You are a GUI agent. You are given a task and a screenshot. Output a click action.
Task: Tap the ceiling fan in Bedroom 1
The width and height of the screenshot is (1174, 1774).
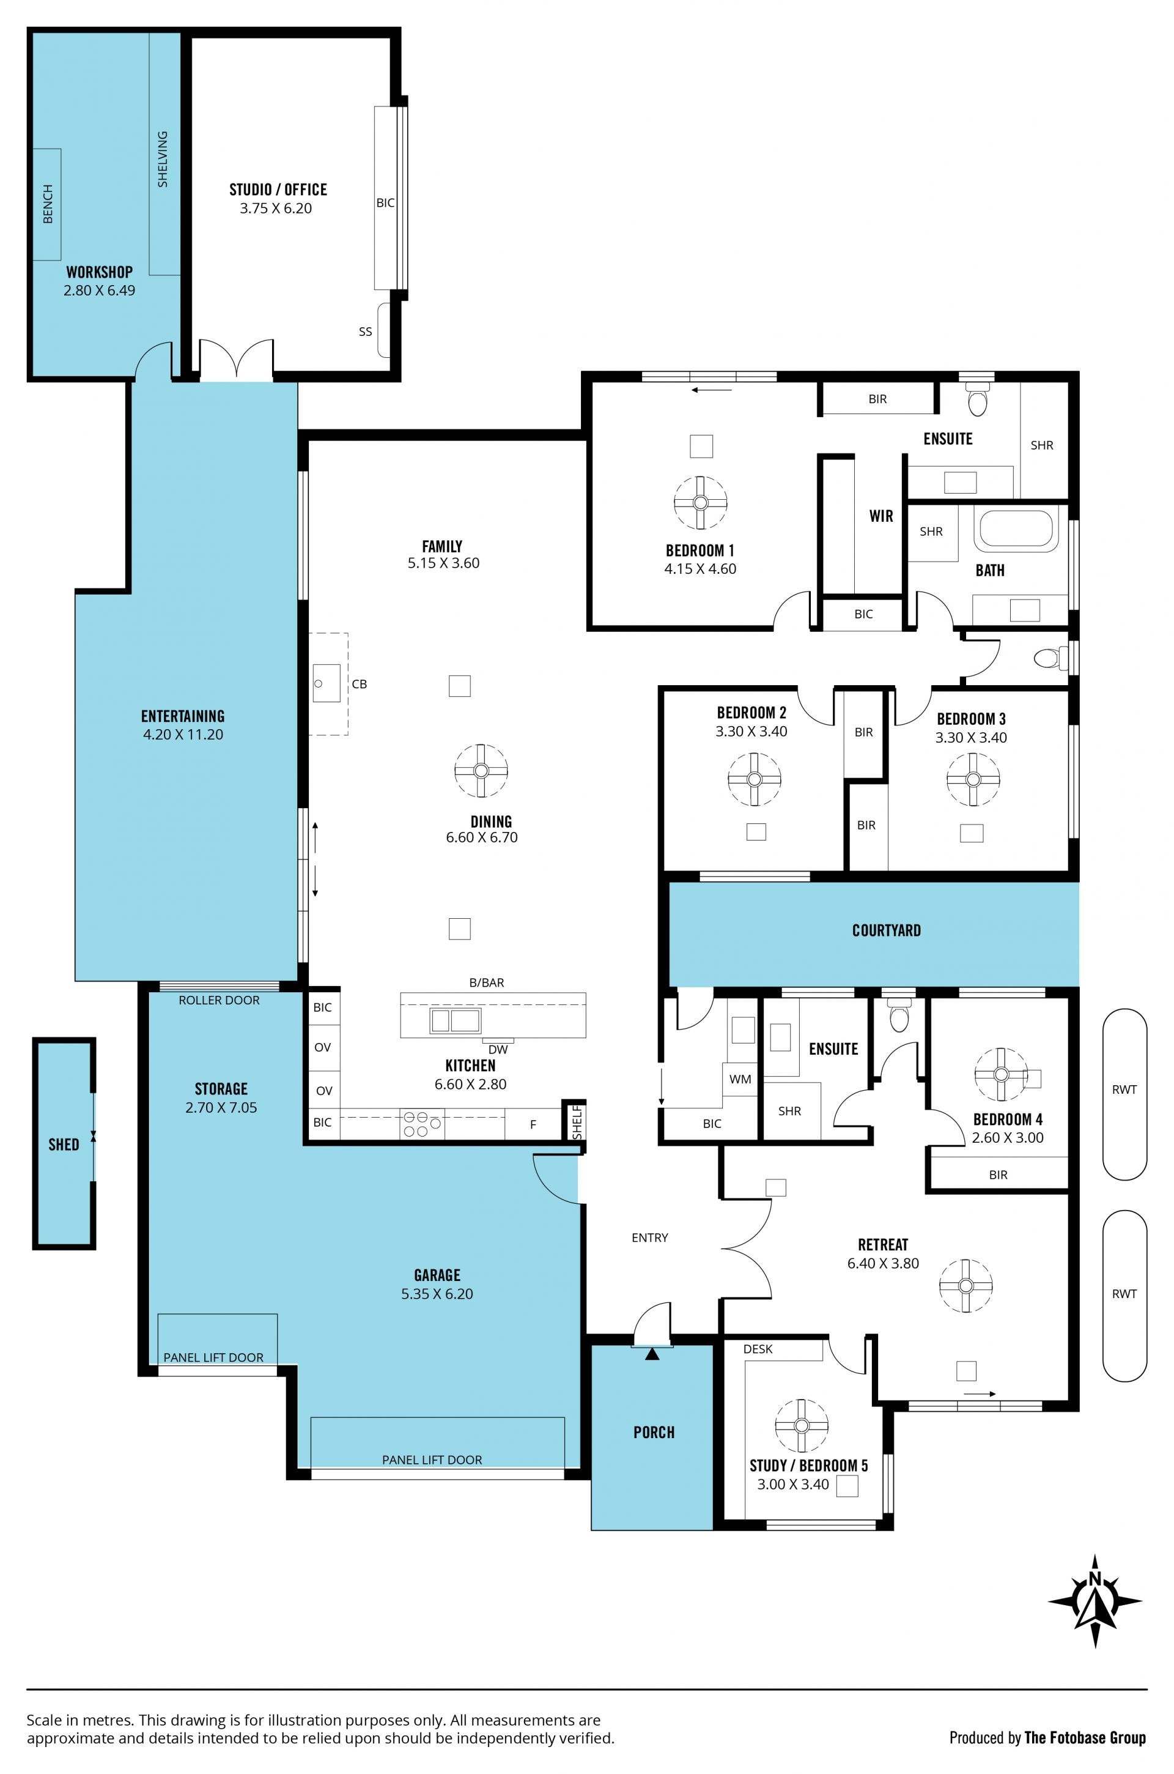(700, 502)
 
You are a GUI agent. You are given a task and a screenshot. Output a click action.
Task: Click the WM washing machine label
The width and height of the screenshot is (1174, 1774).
(740, 1079)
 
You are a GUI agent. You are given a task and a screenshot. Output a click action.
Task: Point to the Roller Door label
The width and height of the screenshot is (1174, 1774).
(219, 1000)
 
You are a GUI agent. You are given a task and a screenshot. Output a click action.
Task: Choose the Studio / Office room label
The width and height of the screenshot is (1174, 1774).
(278, 190)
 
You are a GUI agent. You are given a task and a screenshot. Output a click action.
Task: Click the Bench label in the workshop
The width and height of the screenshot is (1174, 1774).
(48, 204)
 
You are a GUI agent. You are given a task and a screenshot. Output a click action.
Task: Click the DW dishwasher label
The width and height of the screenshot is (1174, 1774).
(498, 1049)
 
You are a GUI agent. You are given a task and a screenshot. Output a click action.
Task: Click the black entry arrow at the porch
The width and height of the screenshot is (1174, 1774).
(653, 1354)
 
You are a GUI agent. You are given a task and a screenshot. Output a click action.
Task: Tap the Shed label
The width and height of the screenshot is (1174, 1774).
(64, 1144)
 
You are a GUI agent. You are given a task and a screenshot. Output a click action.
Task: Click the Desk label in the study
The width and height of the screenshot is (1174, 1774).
(758, 1349)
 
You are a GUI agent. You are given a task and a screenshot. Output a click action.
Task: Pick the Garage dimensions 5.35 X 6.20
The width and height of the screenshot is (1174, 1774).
(437, 1293)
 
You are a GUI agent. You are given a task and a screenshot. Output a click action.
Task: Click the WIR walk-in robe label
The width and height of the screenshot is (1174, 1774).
(881, 516)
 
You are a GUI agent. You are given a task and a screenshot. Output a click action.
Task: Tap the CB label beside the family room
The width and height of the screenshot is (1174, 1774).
(360, 684)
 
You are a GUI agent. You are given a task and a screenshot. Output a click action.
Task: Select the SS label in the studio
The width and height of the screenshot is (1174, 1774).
(366, 331)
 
